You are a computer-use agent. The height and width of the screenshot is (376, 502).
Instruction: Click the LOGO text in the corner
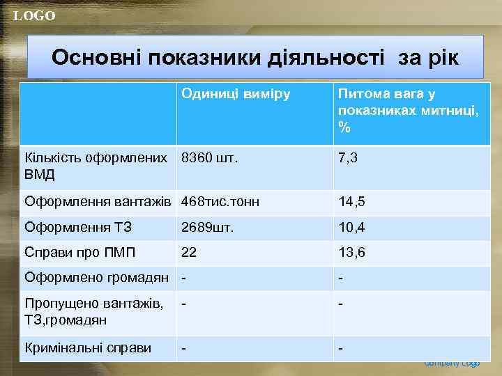(33, 16)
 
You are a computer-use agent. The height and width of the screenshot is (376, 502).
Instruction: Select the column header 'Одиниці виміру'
(236, 93)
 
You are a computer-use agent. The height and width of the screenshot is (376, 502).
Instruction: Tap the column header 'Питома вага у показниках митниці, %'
(408, 111)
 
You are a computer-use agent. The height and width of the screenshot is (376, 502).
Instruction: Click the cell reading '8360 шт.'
(209, 158)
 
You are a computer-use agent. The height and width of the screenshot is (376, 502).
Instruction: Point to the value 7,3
(348, 158)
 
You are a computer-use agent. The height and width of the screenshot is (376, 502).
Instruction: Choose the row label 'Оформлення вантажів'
(98, 203)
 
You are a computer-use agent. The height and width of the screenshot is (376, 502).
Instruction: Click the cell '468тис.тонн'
(220, 203)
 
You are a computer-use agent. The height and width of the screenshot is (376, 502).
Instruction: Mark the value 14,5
(351, 203)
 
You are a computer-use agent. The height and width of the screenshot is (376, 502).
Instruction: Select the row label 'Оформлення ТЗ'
(78, 228)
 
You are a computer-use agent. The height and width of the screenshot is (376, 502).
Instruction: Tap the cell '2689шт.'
(207, 228)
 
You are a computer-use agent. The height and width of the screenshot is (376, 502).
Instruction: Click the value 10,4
(351, 228)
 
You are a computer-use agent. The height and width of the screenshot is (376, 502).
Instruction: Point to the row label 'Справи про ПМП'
(80, 253)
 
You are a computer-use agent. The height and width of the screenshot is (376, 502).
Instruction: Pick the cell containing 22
(189, 253)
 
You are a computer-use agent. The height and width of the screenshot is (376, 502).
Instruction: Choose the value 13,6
(351, 253)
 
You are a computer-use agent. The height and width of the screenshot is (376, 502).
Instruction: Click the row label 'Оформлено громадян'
(96, 278)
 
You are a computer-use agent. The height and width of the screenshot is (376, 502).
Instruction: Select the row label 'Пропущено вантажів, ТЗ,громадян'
(94, 311)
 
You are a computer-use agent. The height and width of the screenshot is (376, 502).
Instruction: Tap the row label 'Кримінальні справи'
(88, 347)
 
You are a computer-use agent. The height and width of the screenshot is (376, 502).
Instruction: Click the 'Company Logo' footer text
(452, 363)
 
